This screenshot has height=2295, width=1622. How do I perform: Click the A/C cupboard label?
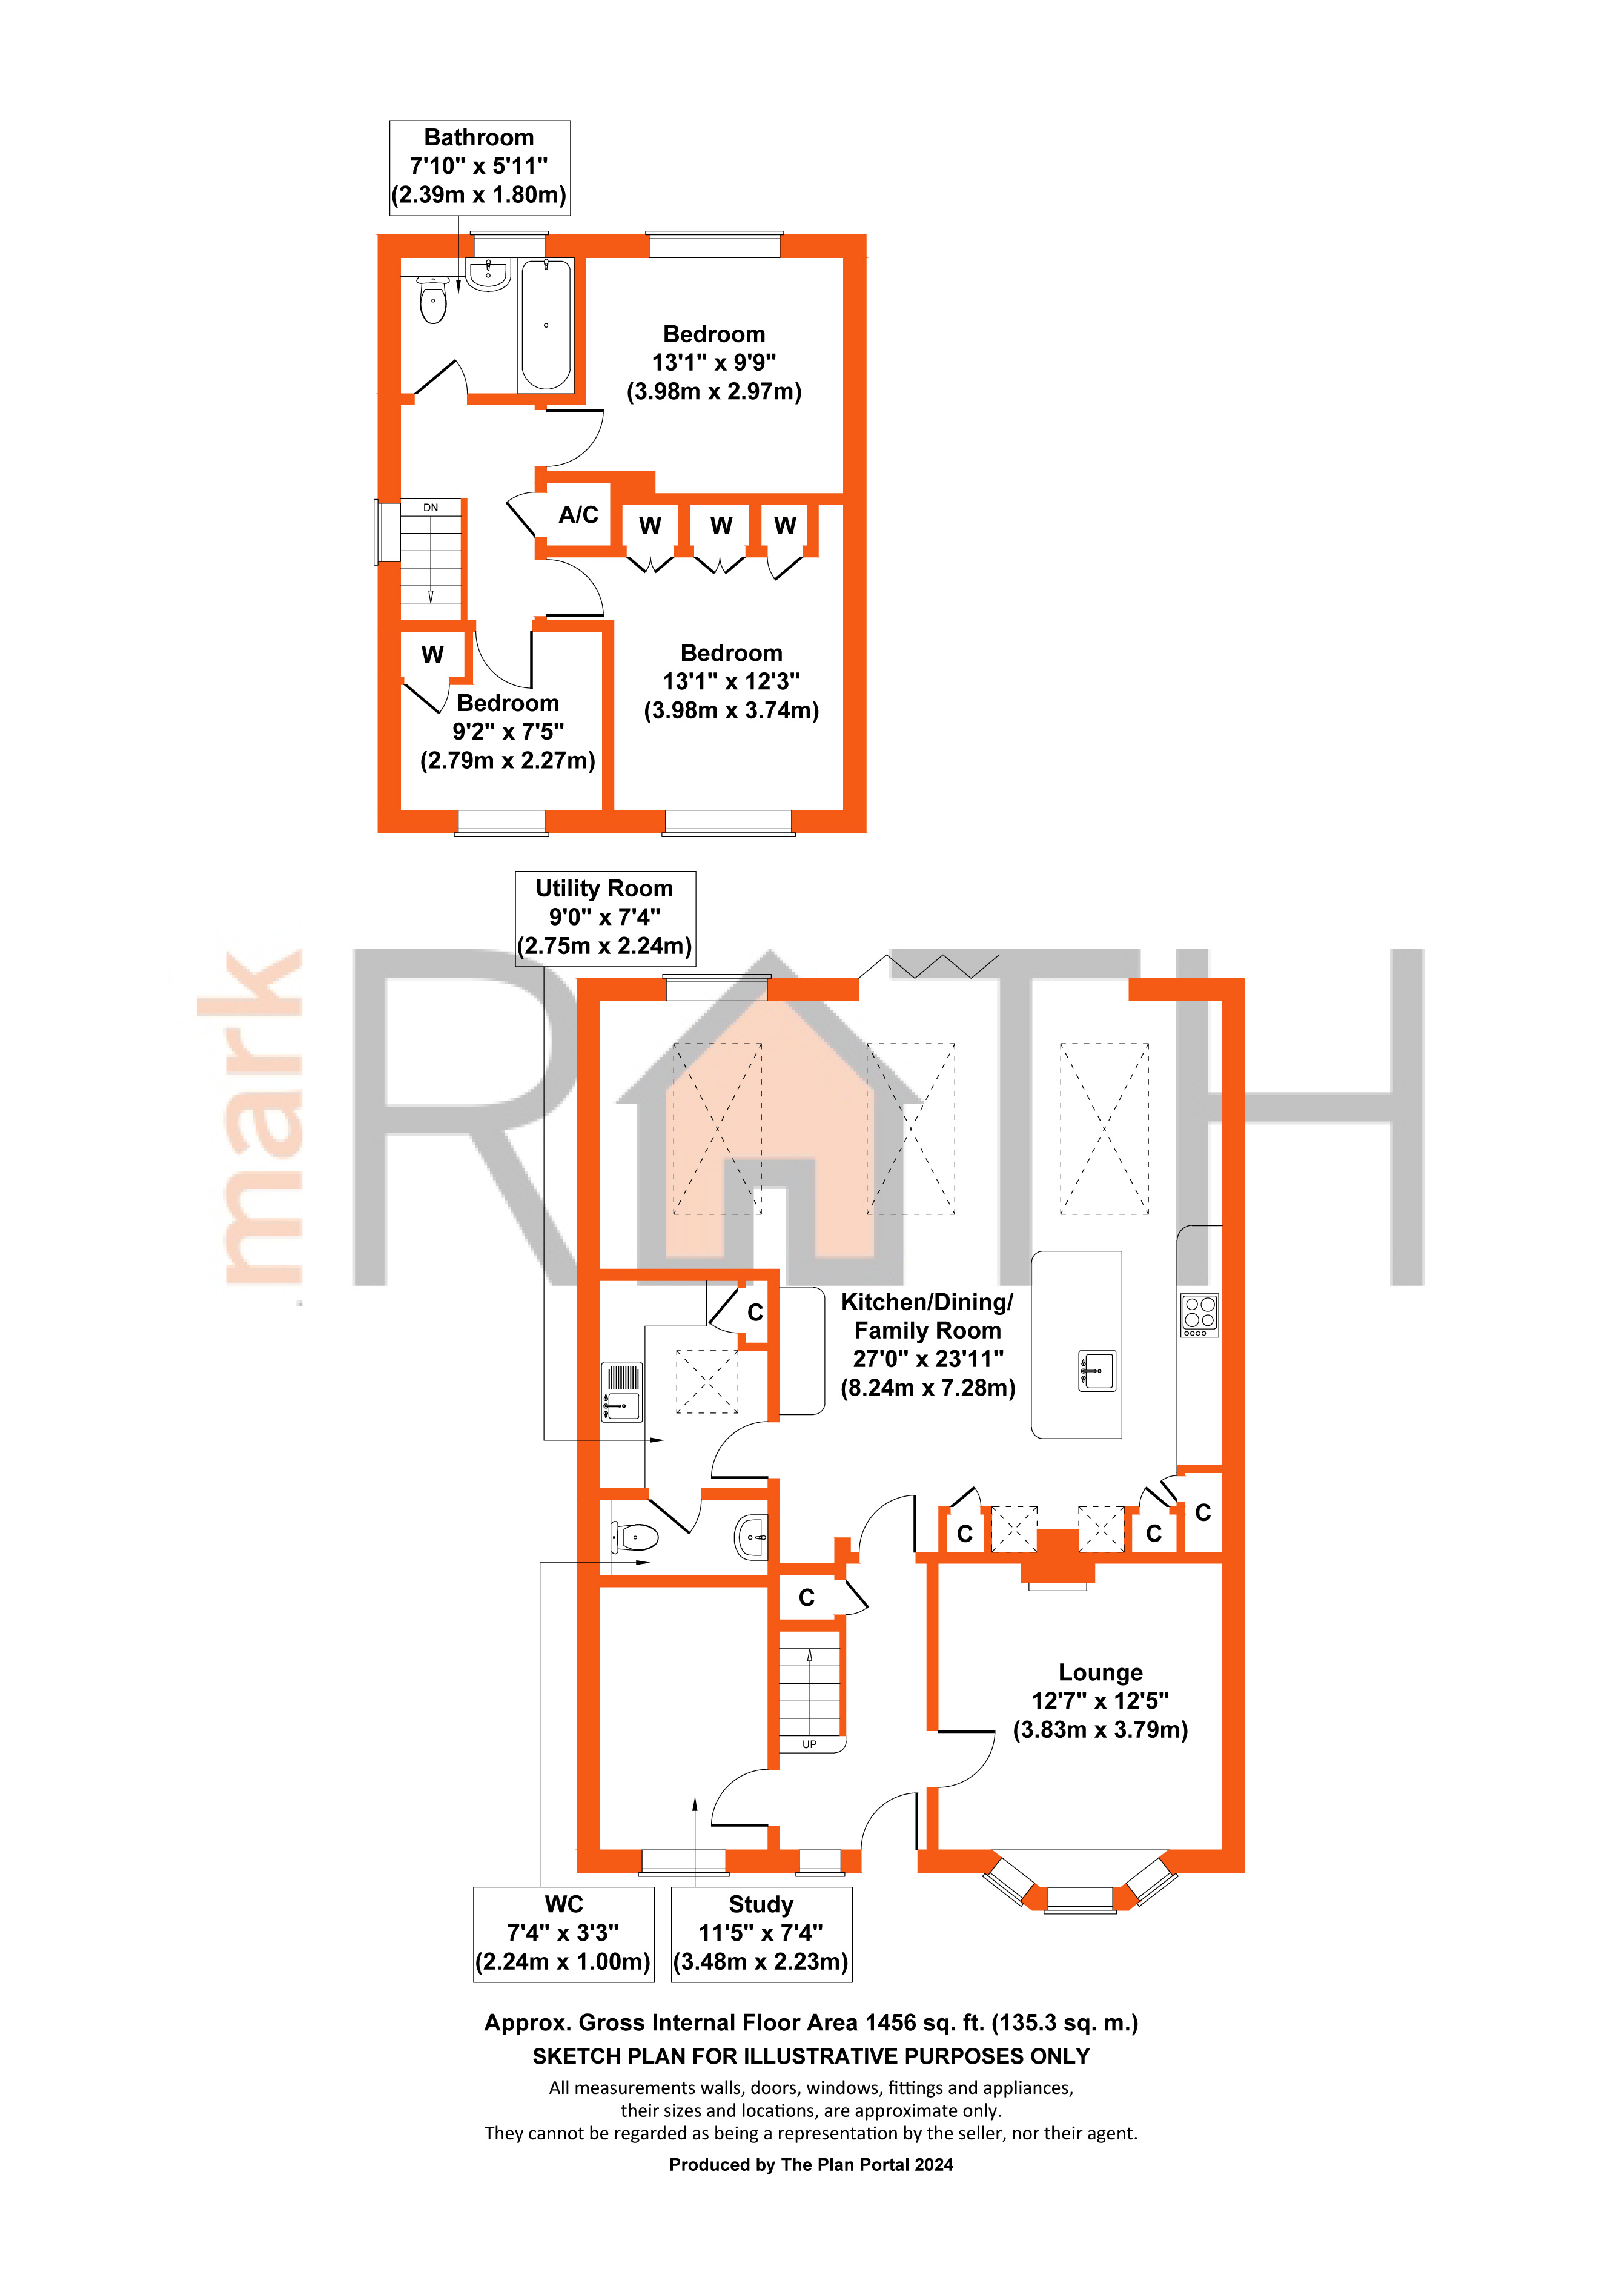click(x=578, y=515)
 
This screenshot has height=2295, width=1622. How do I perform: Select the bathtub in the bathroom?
click(x=546, y=325)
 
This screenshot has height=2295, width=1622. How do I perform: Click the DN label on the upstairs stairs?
click(x=431, y=508)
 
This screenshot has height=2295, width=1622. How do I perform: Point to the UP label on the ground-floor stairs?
click(x=810, y=1744)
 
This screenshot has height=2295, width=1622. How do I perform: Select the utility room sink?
click(x=621, y=1393)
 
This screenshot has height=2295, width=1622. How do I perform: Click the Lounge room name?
click(x=1101, y=1672)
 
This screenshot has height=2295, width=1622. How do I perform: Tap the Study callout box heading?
click(x=761, y=1905)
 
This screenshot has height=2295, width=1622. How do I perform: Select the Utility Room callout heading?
click(x=604, y=889)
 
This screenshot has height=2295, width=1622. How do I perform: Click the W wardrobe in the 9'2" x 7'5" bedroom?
click(x=432, y=655)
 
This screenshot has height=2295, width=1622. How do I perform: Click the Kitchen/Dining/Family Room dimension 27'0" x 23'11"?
click(x=927, y=1359)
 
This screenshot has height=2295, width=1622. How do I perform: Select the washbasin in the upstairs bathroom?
click(x=489, y=273)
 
